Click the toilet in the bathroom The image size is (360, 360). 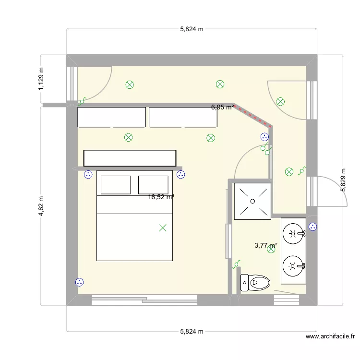point(254,283)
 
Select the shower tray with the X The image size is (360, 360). point(252,201)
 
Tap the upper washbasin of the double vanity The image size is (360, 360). point(293,234)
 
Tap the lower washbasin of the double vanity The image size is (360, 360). point(293,265)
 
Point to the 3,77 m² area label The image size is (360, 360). point(265,245)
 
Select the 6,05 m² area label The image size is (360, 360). point(222,107)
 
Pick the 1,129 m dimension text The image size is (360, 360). point(41,78)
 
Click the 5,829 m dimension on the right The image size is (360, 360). point(343,180)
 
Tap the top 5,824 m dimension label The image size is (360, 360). point(192,29)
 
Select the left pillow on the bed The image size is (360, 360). point(114,185)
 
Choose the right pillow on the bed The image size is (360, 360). point(153,185)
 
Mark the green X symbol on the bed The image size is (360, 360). point(163,228)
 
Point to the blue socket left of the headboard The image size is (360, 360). point(88,175)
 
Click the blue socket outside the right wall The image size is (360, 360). point(313,227)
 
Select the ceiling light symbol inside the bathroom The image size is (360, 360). point(272,249)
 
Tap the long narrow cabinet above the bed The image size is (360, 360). point(130,158)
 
